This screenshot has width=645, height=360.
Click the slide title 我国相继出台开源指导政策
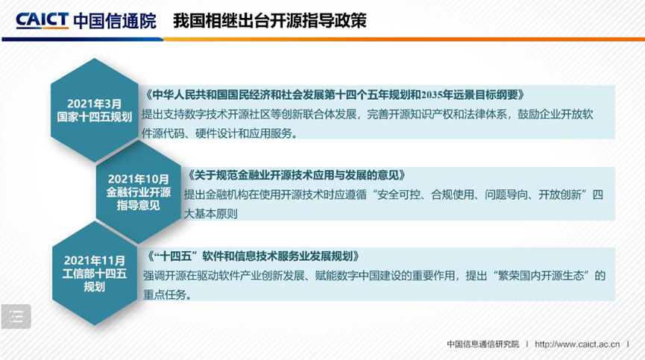click(269, 20)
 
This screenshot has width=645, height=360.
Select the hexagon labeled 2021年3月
click(95, 110)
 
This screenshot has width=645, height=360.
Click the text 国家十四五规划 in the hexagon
click(95, 117)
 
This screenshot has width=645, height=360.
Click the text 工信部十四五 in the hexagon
click(95, 273)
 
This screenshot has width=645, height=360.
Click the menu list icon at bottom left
click(16, 316)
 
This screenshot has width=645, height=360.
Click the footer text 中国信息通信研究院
click(482, 344)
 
